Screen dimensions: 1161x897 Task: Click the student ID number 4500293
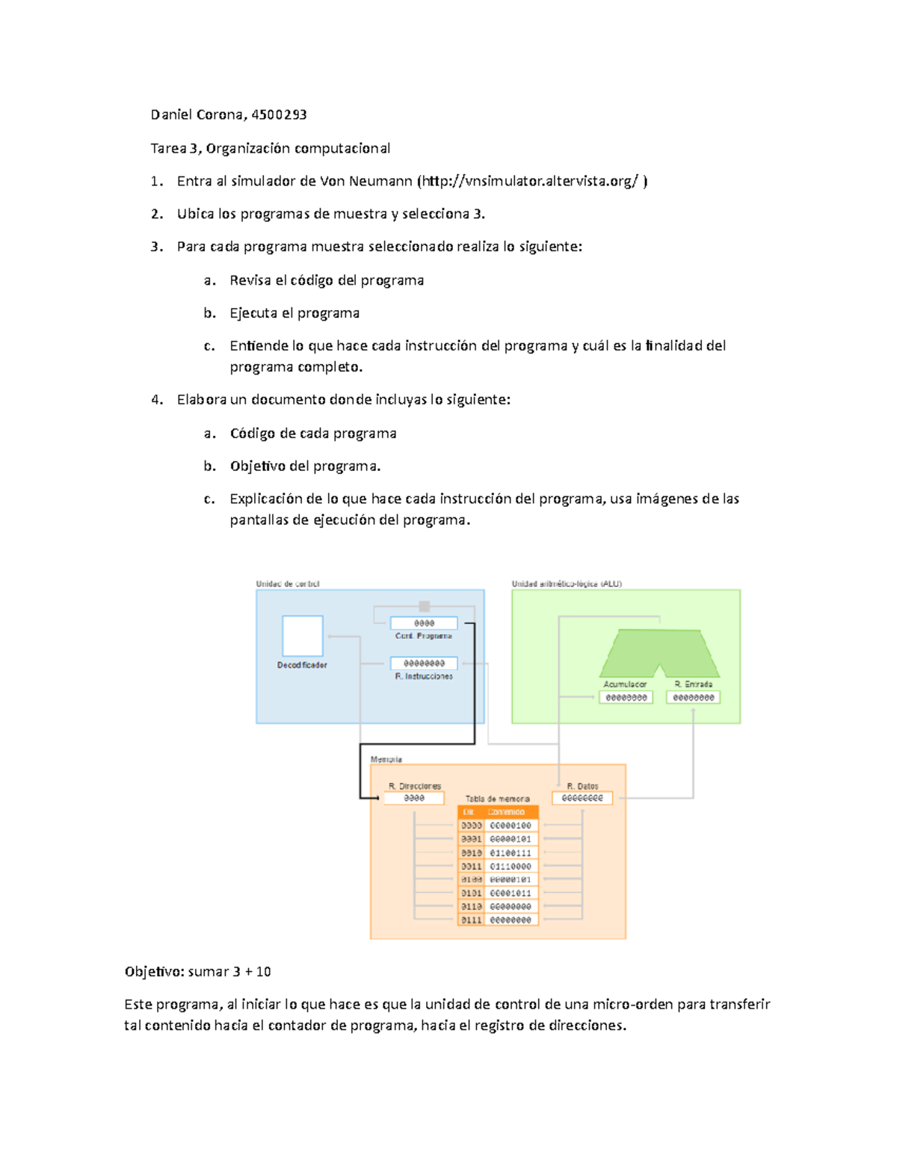(279, 114)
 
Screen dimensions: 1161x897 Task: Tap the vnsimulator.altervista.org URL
(532, 181)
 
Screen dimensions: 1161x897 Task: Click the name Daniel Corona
(196, 114)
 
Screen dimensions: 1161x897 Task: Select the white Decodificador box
(302, 635)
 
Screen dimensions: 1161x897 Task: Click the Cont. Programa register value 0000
(424, 623)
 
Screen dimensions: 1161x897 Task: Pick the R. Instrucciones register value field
(424, 663)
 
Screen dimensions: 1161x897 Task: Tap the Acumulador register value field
(626, 697)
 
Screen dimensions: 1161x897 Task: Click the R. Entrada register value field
(693, 697)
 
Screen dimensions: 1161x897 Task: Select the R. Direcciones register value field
(413, 798)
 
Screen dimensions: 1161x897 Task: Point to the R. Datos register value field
(582, 798)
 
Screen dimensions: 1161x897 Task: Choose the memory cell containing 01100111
(511, 853)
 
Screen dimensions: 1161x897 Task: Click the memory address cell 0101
(471, 893)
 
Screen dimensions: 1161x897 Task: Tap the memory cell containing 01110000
(511, 866)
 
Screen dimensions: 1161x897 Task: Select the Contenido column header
(507, 812)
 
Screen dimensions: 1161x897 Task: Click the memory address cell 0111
(471, 920)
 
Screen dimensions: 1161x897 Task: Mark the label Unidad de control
(288, 584)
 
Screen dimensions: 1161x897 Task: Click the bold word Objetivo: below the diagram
(154, 972)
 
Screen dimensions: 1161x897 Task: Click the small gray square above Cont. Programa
(424, 606)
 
